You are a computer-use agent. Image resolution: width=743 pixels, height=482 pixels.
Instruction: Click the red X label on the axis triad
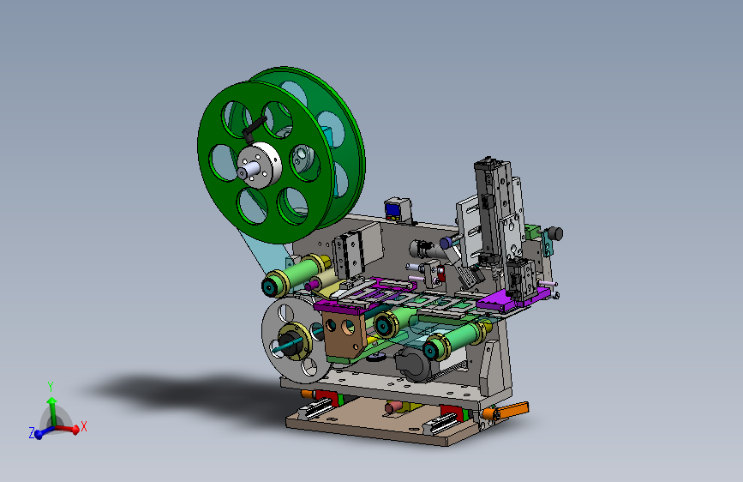click(84, 426)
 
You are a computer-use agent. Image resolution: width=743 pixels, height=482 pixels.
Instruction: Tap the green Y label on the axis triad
click(51, 387)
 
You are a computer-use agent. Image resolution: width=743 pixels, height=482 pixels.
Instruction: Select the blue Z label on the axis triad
click(32, 432)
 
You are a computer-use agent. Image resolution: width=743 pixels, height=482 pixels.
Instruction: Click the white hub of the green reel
click(259, 165)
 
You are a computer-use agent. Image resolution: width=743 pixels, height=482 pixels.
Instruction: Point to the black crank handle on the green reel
click(254, 127)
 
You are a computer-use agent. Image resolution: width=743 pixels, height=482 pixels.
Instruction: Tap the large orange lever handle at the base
click(511, 410)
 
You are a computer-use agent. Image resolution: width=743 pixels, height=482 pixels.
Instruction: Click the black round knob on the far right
click(554, 233)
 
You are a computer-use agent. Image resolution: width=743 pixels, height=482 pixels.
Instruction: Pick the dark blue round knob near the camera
click(446, 243)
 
